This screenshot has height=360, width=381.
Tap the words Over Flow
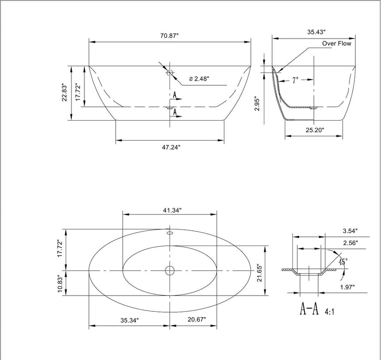pyautogui.click(x=336, y=43)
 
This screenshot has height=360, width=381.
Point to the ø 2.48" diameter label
pyautogui.click(x=199, y=79)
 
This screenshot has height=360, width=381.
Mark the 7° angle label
pyautogui.click(x=295, y=81)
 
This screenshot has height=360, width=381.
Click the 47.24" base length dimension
pyautogui.click(x=170, y=147)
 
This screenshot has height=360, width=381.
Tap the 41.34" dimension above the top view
pyautogui.click(x=170, y=210)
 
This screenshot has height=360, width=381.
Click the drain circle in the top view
pyautogui.click(x=170, y=271)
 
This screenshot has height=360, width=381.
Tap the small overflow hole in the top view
pyautogui.click(x=169, y=234)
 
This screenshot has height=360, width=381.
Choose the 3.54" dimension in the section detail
pyautogui.click(x=350, y=231)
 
